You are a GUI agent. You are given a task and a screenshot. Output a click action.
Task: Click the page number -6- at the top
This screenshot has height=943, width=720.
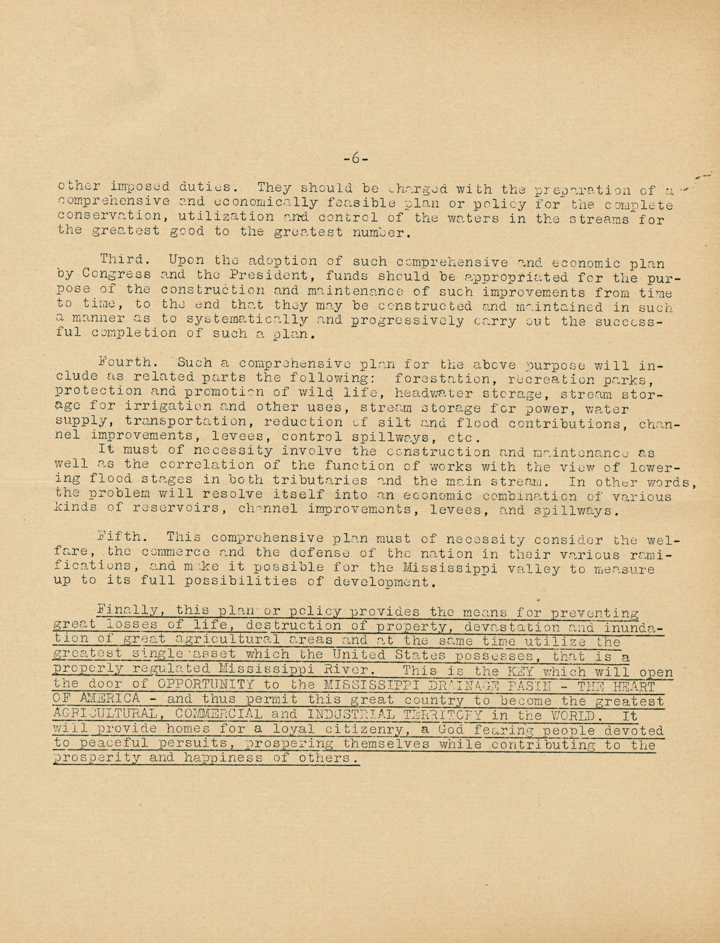355,159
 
